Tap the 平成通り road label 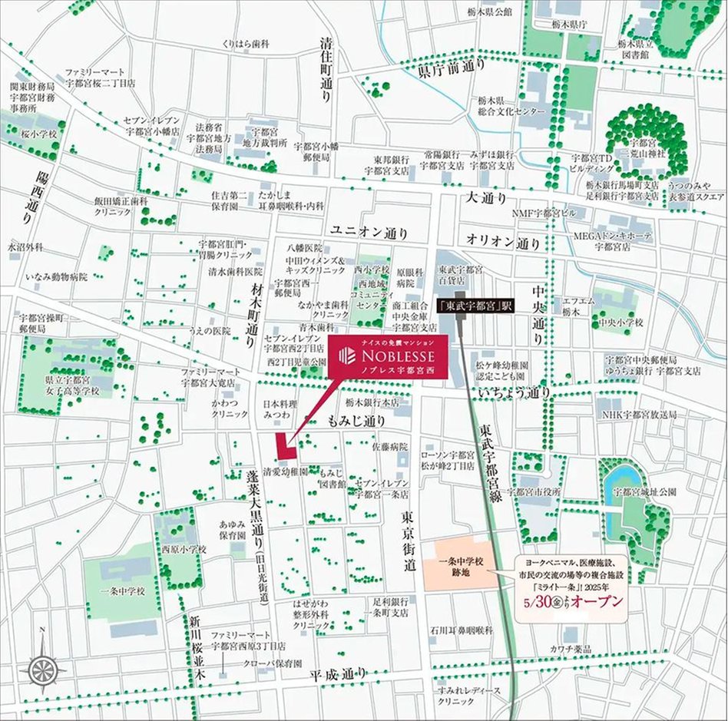(x=339, y=674)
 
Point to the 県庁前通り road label (x=452, y=68)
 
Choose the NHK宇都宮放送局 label (x=639, y=415)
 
